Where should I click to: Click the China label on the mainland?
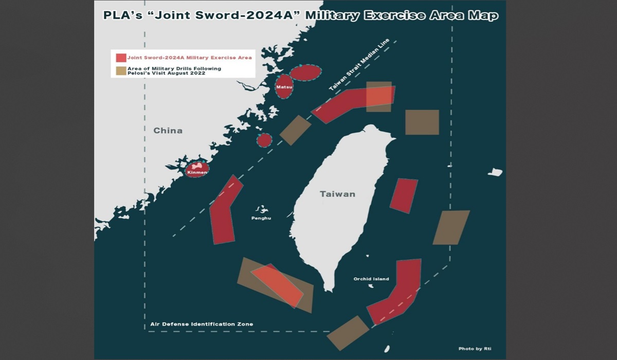point(168,131)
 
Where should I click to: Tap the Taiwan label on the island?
point(337,194)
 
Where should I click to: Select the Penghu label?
point(261,219)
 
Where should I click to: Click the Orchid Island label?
point(371,279)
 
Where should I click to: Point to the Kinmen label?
point(197,172)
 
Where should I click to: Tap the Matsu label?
point(284,87)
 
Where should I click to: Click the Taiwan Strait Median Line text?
point(359,66)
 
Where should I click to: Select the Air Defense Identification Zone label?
point(202,325)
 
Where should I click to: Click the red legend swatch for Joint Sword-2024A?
point(121,58)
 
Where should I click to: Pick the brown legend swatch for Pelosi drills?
point(121,71)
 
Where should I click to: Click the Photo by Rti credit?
point(475,349)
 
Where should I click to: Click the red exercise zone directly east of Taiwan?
point(404,195)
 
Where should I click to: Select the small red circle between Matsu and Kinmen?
point(264,140)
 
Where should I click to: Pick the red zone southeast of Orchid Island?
point(398,293)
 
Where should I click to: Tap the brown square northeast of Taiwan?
point(422,122)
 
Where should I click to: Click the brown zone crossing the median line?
point(295,130)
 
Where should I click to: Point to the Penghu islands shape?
point(262,210)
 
